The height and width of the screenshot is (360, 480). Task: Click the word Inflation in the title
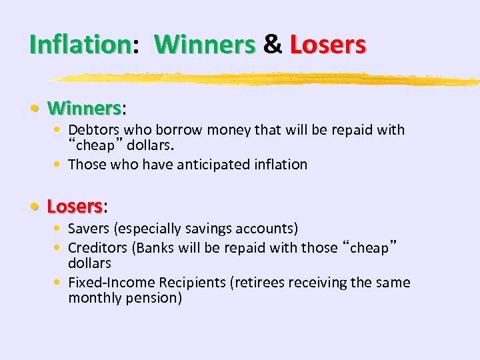[80, 45]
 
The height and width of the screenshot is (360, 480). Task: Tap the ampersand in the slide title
[273, 45]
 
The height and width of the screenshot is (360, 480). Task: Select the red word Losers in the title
[327, 45]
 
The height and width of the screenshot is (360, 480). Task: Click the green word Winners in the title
[205, 45]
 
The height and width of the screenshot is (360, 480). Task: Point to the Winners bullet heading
[84, 107]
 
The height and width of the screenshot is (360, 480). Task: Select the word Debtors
[94, 130]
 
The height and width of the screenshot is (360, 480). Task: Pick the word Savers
[89, 229]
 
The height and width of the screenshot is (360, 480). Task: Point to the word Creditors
[98, 247]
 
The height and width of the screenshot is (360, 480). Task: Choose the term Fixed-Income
[108, 283]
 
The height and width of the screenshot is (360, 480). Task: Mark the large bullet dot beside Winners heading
[40, 108]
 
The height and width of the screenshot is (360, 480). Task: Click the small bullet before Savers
[60, 229]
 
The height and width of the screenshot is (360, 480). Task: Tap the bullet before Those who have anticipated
[60, 165]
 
